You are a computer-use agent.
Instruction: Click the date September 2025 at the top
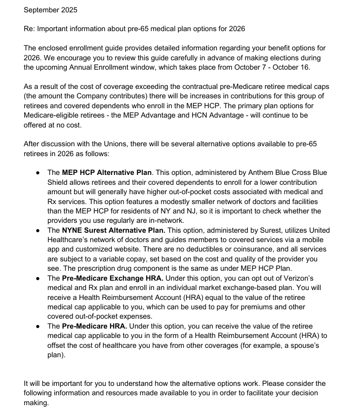click(50, 10)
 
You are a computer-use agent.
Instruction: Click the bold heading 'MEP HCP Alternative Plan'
click(107, 172)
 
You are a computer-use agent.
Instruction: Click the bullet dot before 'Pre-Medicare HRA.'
click(39, 326)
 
